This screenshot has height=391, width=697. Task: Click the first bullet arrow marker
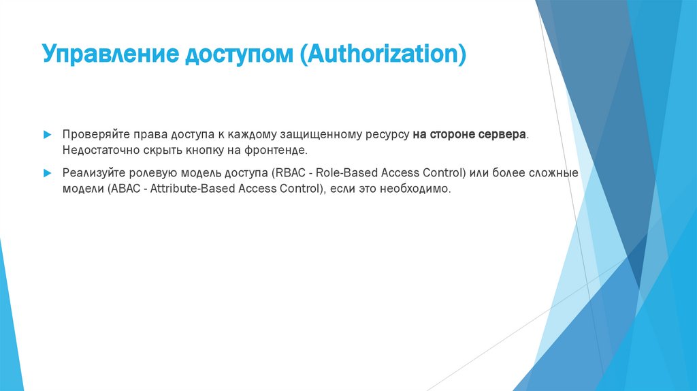[x=46, y=135]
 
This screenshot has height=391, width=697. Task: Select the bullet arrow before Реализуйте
[x=46, y=173]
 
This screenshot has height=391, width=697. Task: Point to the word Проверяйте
[x=92, y=135]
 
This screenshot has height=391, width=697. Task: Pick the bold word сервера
[x=503, y=135]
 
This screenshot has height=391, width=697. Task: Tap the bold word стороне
[x=453, y=135]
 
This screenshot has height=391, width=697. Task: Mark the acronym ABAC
[x=126, y=189]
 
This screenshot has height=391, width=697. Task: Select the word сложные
[x=555, y=173]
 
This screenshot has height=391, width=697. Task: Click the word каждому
[x=245, y=135]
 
